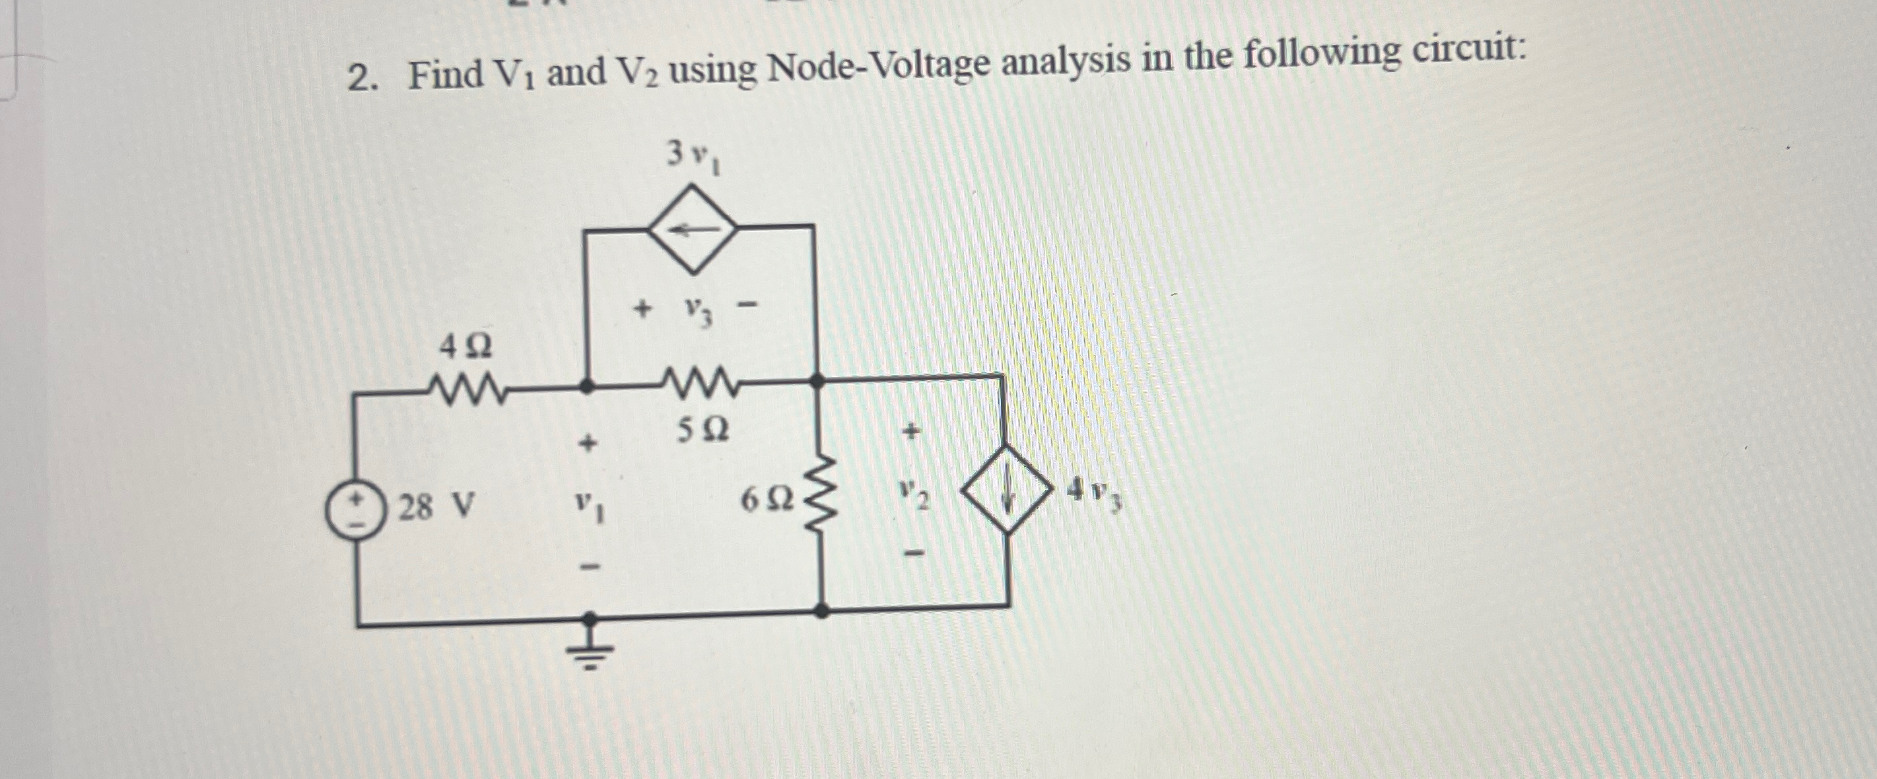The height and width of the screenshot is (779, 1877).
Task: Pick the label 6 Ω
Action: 766,500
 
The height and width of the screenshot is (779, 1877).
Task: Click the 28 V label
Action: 436,506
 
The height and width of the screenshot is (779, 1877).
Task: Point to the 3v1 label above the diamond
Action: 694,156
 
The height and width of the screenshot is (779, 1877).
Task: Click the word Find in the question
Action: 445,75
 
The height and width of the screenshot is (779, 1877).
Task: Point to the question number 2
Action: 360,78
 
